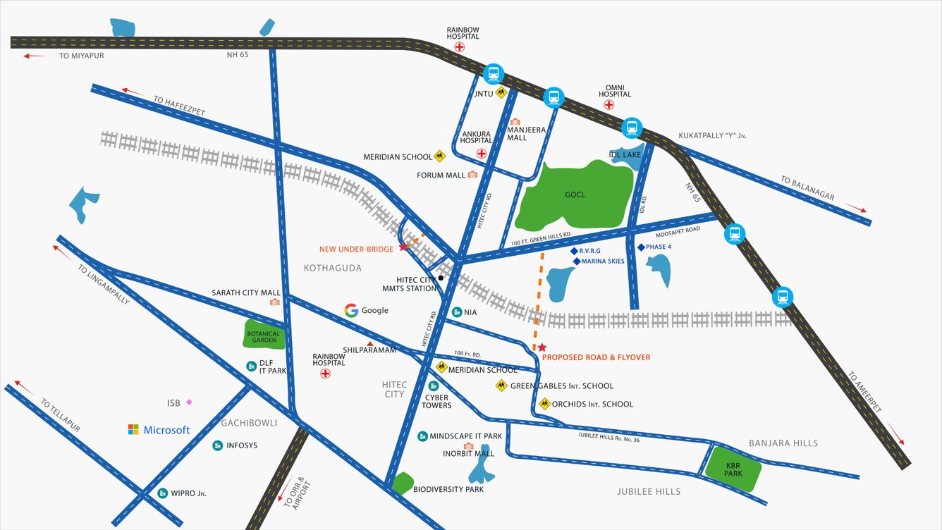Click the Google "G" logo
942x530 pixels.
coord(351,310)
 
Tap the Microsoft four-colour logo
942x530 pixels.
coord(133,429)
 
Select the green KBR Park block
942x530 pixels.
coord(734,469)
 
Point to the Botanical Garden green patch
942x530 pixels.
coord(264,335)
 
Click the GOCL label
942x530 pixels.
coord(575,195)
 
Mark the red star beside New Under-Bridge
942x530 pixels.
coord(403,247)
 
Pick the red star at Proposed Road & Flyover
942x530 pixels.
coord(542,347)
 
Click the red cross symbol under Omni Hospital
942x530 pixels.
coord(608,105)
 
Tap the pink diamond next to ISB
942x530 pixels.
coord(189,402)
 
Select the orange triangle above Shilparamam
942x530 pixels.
coord(369,343)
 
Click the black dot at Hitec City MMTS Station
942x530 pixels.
coord(441,278)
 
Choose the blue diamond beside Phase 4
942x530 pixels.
coord(640,247)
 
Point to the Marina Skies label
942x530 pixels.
coord(603,261)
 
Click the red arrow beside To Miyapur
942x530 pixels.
coord(36,56)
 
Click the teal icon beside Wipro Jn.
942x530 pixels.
coord(163,493)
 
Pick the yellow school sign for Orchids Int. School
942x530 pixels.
coord(544,404)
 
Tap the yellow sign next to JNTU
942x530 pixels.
coord(501,92)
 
